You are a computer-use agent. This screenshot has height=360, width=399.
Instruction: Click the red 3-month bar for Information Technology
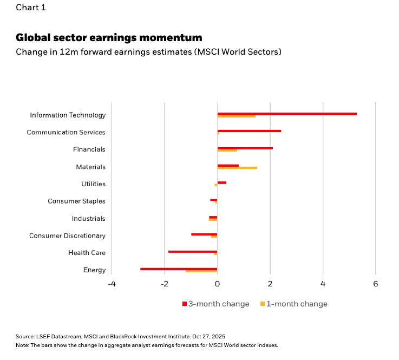pos(287,114)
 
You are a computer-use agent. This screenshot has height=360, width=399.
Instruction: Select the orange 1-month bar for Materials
pos(237,168)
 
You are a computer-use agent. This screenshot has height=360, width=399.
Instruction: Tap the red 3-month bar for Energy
pos(179,269)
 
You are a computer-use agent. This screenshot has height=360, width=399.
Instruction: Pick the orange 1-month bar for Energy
pos(201,271)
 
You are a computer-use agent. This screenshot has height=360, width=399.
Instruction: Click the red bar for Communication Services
pos(249,131)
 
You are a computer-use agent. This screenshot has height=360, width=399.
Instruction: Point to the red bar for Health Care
pos(193,251)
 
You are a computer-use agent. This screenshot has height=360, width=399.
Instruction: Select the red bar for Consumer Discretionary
pos(204,234)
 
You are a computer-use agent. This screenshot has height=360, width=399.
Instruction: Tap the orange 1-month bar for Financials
pos(227,150)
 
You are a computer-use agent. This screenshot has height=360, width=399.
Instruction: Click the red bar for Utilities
pos(222,182)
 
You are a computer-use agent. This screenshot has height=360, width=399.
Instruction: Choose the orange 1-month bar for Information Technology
pos(236,116)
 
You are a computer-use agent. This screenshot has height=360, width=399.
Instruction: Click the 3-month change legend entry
pos(215,304)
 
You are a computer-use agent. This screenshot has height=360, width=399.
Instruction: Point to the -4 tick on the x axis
pos(112,284)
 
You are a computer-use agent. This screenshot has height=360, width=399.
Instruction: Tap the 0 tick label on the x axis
pos(217,284)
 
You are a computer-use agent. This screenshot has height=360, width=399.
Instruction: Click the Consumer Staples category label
pos(76,201)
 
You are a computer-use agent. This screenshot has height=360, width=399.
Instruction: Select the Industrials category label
pos(88,219)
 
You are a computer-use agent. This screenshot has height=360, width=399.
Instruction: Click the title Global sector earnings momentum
pos(109,37)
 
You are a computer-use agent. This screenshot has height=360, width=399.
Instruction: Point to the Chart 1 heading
pos(31,8)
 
